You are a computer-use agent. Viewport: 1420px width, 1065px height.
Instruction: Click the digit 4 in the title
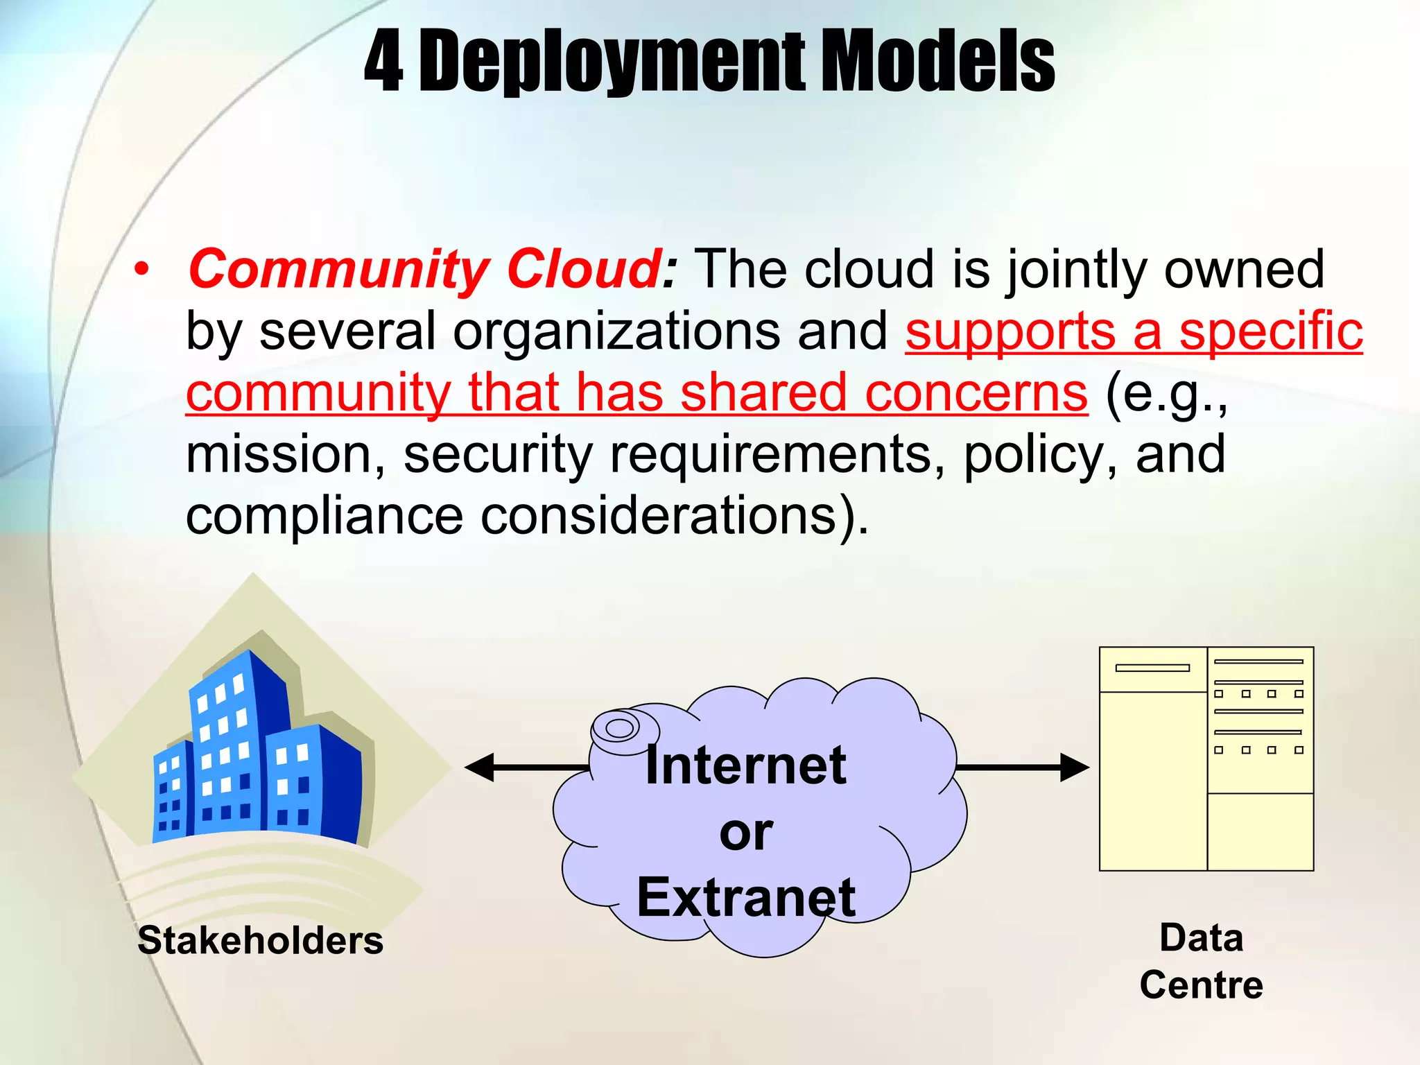coord(383,62)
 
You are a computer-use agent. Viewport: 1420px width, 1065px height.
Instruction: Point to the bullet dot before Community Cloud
coord(142,270)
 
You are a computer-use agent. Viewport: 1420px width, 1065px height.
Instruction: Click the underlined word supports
coord(1010,331)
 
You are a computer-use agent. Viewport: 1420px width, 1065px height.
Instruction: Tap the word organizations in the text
coord(616,331)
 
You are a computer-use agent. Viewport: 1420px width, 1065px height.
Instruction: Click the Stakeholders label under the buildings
coord(260,941)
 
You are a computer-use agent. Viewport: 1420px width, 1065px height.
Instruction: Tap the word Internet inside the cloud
coord(745,765)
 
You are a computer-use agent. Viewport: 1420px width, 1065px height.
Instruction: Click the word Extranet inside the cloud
coord(745,897)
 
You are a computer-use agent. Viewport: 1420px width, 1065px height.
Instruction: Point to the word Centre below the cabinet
coord(1201,985)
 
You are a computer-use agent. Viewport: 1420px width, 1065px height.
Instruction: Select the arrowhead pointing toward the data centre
coord(1074,768)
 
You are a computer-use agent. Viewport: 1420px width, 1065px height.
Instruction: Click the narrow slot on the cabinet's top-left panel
coord(1152,668)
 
